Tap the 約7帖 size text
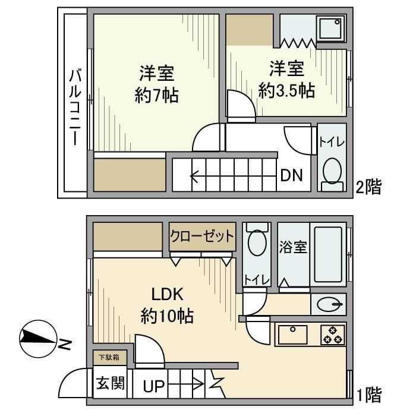point(156,95)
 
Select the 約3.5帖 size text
point(286,91)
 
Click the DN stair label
point(292,175)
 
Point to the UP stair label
point(154,386)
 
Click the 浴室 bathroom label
point(293,247)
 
